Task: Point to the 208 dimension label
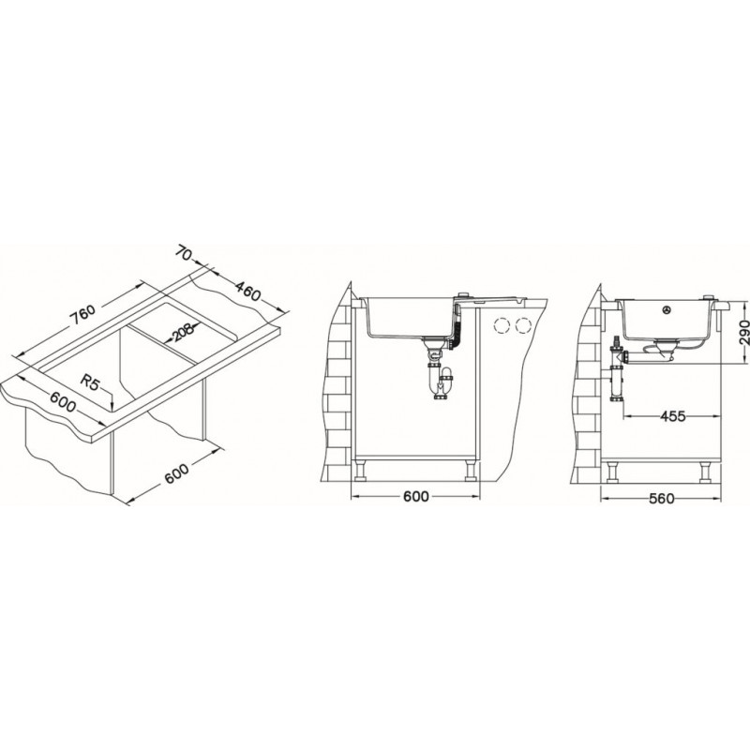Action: pos(181,332)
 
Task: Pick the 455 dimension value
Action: pos(672,416)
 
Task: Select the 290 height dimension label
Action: pos(742,333)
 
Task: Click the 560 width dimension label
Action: pos(662,499)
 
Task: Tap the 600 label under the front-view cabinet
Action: pos(415,497)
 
